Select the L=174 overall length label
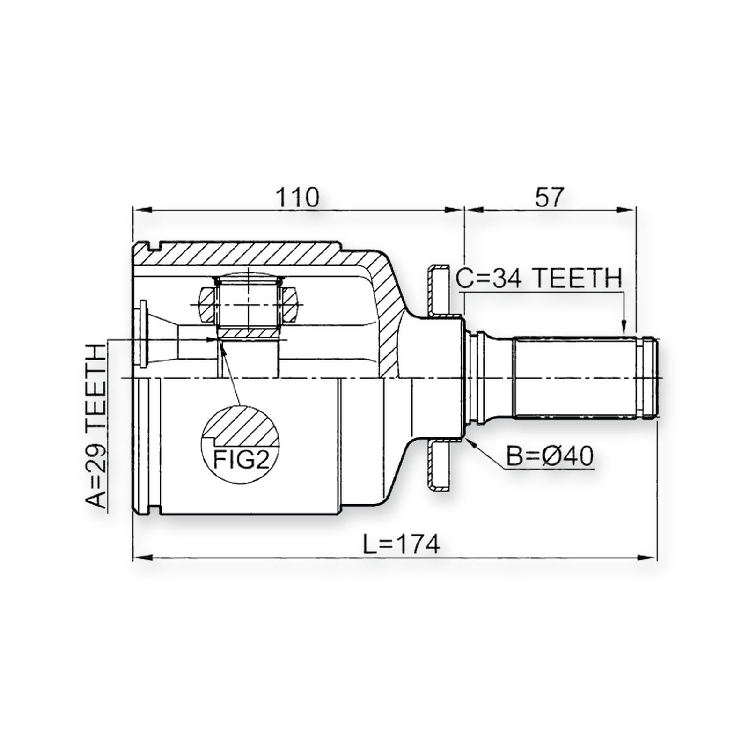[x=402, y=544]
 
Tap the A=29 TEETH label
[x=96, y=426]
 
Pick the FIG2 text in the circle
[x=242, y=459]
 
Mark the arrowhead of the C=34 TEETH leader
[x=624, y=327]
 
